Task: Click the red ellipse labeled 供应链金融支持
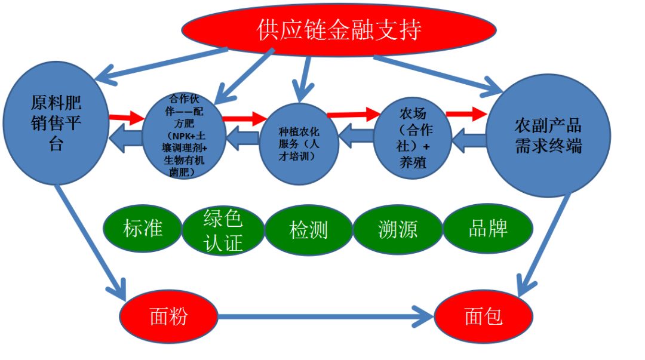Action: pos(339,29)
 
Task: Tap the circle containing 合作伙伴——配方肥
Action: pos(184,135)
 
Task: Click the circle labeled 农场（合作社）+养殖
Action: pos(412,137)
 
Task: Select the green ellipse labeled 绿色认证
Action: pos(223,230)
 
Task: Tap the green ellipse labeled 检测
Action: pos(308,230)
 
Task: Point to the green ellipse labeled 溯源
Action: pos(397,229)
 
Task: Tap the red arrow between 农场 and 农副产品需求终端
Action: pos(466,112)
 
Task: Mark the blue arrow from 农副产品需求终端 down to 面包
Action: pos(544,245)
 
